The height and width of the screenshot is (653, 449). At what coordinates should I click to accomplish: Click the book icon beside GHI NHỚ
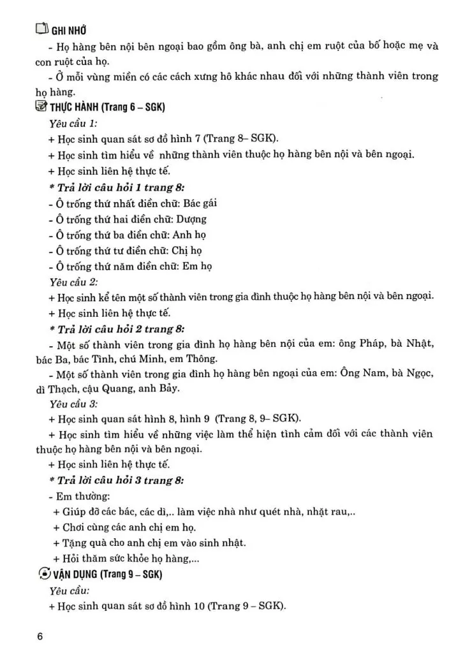point(41,29)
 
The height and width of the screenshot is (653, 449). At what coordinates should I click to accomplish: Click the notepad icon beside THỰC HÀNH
point(41,107)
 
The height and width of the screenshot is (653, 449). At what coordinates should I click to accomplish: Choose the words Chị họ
point(186,250)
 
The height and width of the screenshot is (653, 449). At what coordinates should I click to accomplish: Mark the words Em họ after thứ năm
point(196,266)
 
